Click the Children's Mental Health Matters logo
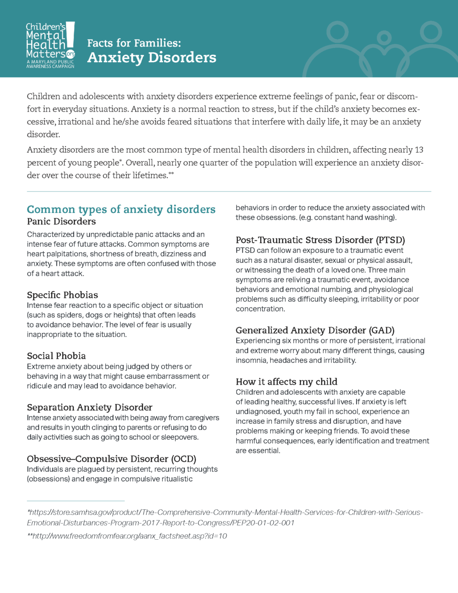pyautogui.click(x=50, y=45)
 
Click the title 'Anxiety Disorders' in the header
pyautogui.click(x=152, y=58)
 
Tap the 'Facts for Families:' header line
pyautogui.click(x=134, y=43)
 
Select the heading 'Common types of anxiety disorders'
pyautogui.click(x=121, y=209)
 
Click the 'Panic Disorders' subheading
pyautogui.click(x=61, y=222)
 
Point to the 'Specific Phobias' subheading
pyautogui.click(x=62, y=295)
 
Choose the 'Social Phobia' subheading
pyautogui.click(x=56, y=356)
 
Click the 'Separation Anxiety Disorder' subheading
pyautogui.click(x=89, y=407)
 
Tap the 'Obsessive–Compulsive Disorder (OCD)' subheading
pyautogui.click(x=111, y=459)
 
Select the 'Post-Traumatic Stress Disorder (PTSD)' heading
pyautogui.click(x=320, y=240)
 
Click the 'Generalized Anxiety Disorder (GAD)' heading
pyautogui.click(x=315, y=330)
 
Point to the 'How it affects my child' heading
pyautogui.click(x=286, y=382)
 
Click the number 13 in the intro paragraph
pyautogui.click(x=419, y=150)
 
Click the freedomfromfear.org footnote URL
pyautogui.click(x=127, y=536)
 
